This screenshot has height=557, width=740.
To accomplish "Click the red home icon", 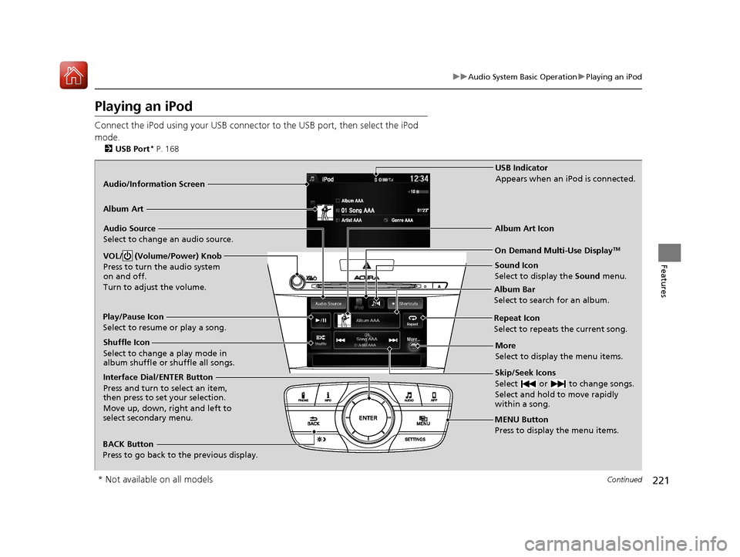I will pyautogui.click(x=73, y=75).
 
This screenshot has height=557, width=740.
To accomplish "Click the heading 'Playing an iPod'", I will pyautogui.click(x=143, y=106).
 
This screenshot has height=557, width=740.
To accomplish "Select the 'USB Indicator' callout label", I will pyautogui.click(x=521, y=167).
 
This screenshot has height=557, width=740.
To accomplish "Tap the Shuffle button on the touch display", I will pyautogui.click(x=320, y=340).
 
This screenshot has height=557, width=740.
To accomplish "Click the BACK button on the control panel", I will pyautogui.click(x=314, y=420).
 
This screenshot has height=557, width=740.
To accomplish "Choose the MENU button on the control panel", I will pyautogui.click(x=423, y=420).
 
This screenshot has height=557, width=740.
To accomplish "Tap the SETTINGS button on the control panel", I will pyautogui.click(x=415, y=439).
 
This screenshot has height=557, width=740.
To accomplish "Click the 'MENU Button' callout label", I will pyautogui.click(x=521, y=420).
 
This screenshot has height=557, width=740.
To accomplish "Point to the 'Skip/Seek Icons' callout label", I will pyautogui.click(x=524, y=373).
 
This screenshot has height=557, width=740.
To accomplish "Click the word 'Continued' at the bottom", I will pyautogui.click(x=625, y=480).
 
